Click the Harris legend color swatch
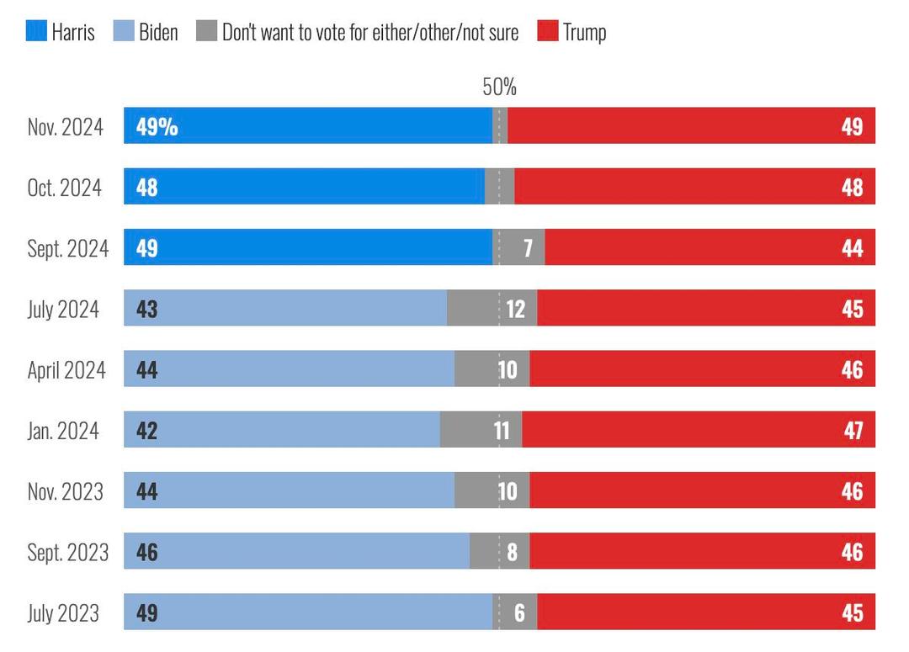click(35, 32)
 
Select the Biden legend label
click(158, 32)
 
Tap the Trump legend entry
click(584, 32)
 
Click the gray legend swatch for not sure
click(207, 32)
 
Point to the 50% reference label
click(499, 87)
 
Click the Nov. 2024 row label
click(66, 126)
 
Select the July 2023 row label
click(63, 612)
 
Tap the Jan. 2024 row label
click(63, 431)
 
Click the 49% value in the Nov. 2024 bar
click(157, 126)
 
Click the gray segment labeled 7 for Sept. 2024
click(518, 248)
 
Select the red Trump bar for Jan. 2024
click(699, 431)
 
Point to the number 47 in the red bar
click(853, 431)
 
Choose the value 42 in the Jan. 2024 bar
click(146, 431)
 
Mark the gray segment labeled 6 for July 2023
click(515, 612)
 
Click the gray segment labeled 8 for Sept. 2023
click(500, 552)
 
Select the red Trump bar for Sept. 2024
click(710, 248)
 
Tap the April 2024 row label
click(66, 370)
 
